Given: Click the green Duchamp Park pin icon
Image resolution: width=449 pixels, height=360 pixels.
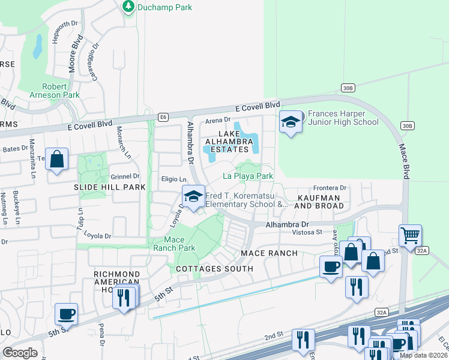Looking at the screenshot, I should click(128, 7).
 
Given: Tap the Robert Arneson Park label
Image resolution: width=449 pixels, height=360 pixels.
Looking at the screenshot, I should click(55, 90).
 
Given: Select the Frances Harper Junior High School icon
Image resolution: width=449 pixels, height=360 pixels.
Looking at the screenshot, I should click(291, 123).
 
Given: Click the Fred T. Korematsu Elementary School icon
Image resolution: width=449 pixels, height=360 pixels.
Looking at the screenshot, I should click(193, 197).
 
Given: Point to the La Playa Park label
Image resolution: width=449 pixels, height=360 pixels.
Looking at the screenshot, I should click(248, 176).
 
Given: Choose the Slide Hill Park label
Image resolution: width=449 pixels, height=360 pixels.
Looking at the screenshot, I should click(110, 187).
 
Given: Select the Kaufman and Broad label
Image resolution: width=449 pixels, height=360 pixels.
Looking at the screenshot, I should click(319, 202).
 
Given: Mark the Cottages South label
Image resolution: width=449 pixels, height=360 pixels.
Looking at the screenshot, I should click(214, 268).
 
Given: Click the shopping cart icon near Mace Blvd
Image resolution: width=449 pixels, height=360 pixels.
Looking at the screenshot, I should click(410, 236).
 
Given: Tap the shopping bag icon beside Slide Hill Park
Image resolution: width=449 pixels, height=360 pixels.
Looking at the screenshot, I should click(56, 160).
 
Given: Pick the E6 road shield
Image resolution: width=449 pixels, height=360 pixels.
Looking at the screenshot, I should click(163, 117).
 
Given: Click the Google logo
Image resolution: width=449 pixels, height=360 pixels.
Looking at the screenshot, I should click(20, 353).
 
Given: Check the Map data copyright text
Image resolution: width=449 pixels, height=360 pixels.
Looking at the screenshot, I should click(423, 355).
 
